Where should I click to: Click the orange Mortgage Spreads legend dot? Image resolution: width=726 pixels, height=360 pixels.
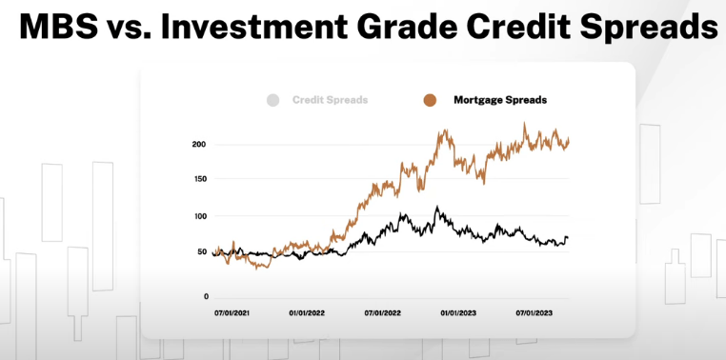tap(431, 100)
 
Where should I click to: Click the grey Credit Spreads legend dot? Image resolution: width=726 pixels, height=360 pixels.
tap(273, 100)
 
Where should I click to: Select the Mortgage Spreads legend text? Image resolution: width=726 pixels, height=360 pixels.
tap(499, 100)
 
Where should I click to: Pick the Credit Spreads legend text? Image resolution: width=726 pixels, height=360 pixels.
tap(331, 100)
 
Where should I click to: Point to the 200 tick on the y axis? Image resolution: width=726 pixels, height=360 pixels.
tap(199, 145)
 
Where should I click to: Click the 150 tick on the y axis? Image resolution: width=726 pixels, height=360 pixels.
tap(199, 178)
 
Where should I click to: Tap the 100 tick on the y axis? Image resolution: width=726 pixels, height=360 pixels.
tap(199, 216)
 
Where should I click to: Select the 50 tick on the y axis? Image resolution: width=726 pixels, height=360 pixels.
tap(202, 251)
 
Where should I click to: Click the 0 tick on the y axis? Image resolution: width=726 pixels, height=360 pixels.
tap(205, 297)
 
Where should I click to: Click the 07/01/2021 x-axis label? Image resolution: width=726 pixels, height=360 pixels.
tap(232, 312)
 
